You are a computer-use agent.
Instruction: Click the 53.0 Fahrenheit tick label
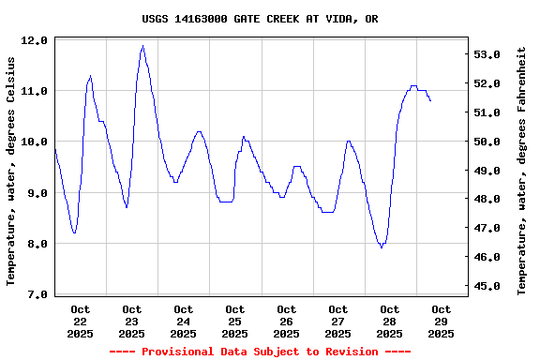tap(490, 54)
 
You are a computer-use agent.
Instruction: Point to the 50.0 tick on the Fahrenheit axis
tap(490, 142)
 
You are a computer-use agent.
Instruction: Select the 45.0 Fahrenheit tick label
tap(490, 286)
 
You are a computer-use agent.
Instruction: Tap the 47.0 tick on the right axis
tap(490, 228)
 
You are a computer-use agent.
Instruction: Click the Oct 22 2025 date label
tap(80, 321)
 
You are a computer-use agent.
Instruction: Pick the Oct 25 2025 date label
tap(234, 321)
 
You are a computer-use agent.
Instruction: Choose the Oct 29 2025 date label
tap(441, 321)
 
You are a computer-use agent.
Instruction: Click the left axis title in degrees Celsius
tap(11, 170)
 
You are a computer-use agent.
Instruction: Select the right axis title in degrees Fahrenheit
tap(523, 170)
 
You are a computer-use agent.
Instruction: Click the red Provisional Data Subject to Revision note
tap(260, 352)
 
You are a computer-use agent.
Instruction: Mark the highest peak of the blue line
tap(142, 45)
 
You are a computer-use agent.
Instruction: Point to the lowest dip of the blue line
tap(382, 247)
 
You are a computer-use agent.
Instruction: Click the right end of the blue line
tap(430, 100)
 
